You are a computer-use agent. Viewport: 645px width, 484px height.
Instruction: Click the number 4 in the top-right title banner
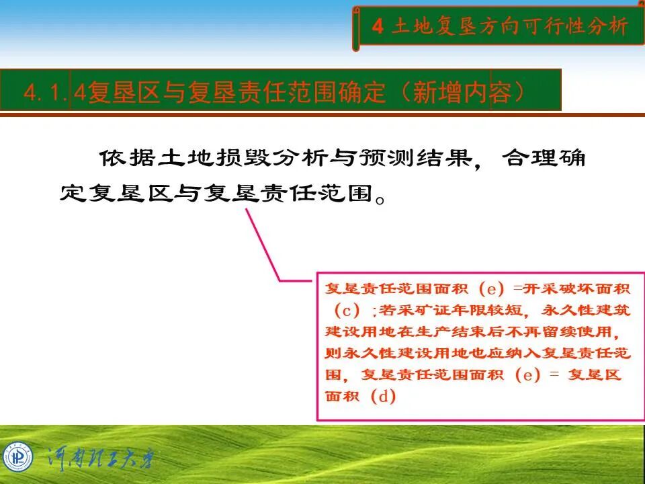coord(378,27)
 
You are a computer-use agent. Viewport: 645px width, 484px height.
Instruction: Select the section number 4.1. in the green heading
coord(45,92)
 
